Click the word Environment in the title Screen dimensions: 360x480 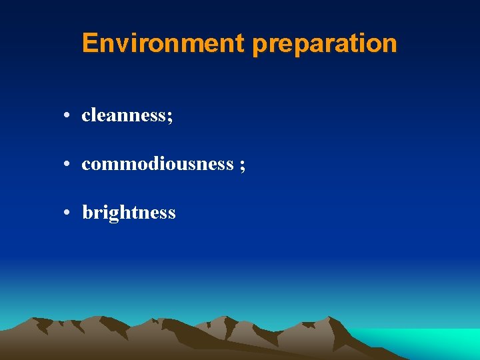tap(163, 44)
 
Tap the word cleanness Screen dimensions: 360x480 tap(124, 115)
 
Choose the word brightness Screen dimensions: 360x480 tap(129, 213)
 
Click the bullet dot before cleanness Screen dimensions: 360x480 tap(68, 116)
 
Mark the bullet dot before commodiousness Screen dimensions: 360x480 tap(68, 165)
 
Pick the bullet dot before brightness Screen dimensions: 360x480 tap(68, 213)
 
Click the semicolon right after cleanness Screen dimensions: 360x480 tap(170, 117)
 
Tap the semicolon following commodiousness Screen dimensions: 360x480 tap(241, 165)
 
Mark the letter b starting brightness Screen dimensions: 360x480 tap(87, 213)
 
